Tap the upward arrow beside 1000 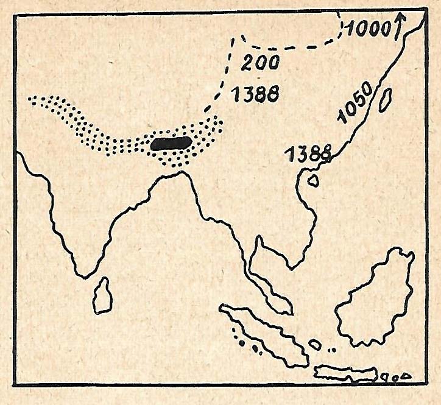[400, 26]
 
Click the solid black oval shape [171, 144]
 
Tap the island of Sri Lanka [102, 297]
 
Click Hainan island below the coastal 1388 [314, 180]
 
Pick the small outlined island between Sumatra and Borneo [315, 344]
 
